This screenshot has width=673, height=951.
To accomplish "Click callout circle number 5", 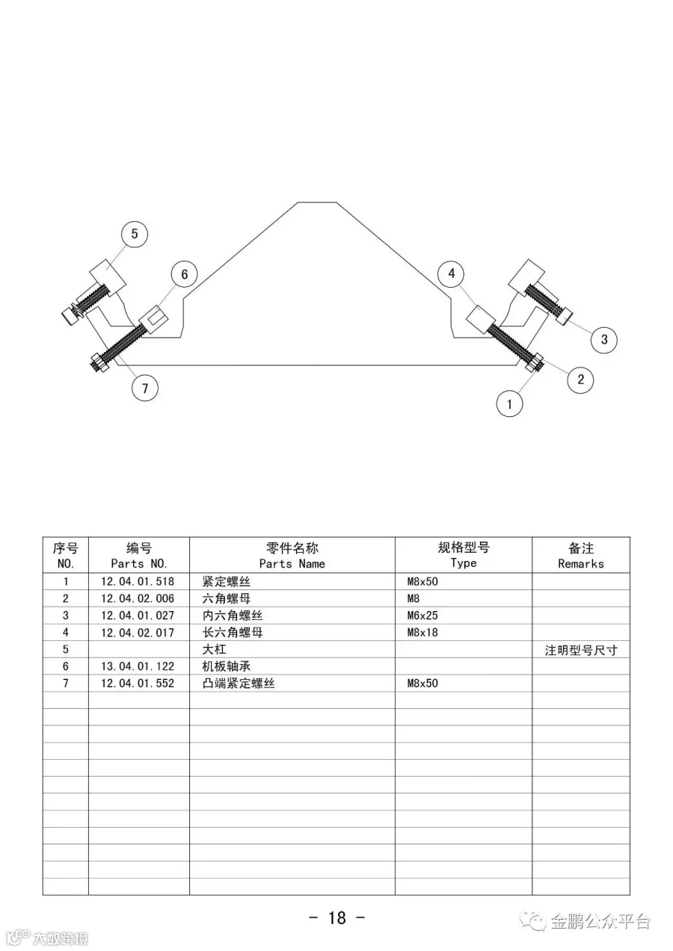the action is (135, 234).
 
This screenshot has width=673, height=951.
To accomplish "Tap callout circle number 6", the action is (184, 274).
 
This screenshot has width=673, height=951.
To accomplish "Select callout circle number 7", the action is (145, 387).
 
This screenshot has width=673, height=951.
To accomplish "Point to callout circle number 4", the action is (452, 273).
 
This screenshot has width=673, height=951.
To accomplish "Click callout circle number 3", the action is (604, 340).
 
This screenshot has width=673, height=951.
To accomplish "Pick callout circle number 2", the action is (580, 380).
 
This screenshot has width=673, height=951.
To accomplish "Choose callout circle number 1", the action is (510, 404).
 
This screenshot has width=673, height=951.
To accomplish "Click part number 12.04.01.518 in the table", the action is (138, 582).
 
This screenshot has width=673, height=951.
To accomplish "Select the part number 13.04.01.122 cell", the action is (138, 666).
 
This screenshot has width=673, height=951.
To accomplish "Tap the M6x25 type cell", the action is (422, 616).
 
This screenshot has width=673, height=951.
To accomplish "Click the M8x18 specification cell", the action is (422, 633).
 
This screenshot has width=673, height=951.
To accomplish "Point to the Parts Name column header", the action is (292, 556).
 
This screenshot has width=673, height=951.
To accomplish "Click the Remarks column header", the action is (580, 556).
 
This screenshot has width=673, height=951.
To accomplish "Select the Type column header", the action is (464, 556).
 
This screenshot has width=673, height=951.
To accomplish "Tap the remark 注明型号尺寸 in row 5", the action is (581, 650).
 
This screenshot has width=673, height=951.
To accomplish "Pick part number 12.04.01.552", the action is (138, 684).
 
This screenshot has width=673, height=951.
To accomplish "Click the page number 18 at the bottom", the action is (336, 918).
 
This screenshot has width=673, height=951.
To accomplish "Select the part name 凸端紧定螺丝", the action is (239, 684).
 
